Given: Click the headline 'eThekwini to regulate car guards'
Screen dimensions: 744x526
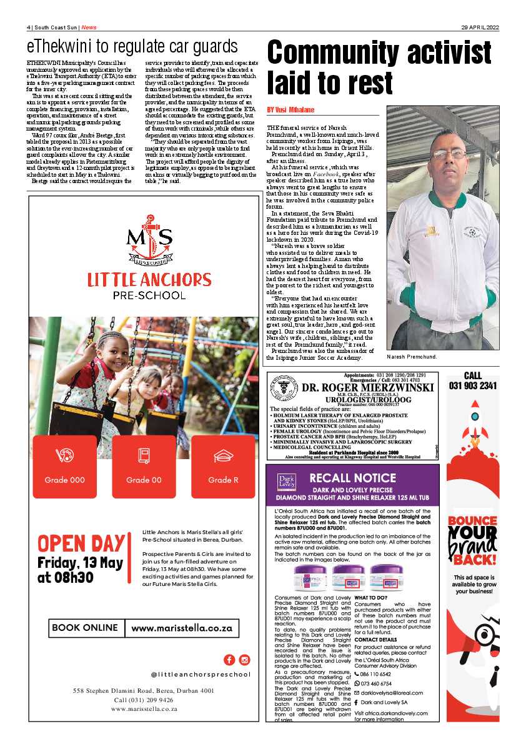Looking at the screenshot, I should point(132,47).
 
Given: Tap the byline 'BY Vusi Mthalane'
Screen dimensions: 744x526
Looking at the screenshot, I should point(290,110).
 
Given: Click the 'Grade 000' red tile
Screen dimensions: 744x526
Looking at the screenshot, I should point(65,466).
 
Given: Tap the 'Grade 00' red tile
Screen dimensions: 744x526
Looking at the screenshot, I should point(144,466).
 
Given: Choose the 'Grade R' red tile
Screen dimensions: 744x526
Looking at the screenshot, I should point(223,466).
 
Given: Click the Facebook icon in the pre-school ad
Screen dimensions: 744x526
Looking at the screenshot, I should point(229,660).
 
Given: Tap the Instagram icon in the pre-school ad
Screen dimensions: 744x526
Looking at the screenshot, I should point(244,660).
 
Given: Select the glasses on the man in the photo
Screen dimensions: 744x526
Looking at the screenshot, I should point(448,153).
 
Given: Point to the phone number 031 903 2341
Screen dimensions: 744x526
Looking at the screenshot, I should point(472,385).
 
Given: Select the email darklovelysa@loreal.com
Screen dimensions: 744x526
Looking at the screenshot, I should point(392,693).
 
